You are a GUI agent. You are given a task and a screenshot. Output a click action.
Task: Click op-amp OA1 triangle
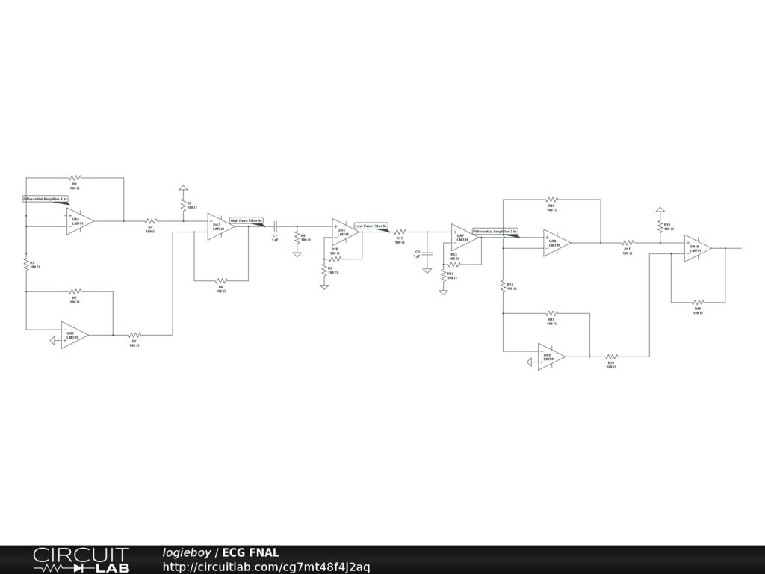click(78, 221)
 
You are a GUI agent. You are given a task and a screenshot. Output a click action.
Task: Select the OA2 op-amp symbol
click(73, 336)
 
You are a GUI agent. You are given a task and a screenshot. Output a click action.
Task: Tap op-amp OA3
click(220, 226)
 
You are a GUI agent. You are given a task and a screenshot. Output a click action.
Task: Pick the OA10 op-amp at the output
click(696, 248)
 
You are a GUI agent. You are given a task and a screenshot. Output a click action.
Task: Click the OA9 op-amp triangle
click(550, 357)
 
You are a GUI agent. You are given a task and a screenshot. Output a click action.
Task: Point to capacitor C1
click(275, 226)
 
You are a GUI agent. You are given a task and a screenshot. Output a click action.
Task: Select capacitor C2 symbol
click(427, 253)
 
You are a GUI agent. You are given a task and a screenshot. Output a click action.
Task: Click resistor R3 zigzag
click(75, 178)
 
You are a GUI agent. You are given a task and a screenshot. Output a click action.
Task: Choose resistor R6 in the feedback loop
click(221, 280)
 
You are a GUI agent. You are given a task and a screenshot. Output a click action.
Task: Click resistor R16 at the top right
click(551, 200)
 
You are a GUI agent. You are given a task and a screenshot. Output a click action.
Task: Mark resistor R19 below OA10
click(698, 302)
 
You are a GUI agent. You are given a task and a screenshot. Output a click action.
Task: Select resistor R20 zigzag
click(611, 357)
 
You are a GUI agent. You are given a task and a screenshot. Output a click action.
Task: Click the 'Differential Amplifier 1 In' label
click(46, 200)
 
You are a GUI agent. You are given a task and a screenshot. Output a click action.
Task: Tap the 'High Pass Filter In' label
click(247, 220)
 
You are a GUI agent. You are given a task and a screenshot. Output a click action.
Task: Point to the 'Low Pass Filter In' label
click(371, 226)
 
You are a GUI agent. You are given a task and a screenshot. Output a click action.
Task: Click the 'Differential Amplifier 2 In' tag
click(495, 232)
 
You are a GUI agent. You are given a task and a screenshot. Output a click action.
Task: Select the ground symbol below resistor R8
click(297, 254)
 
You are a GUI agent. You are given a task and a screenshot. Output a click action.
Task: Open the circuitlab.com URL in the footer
click(266, 567)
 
